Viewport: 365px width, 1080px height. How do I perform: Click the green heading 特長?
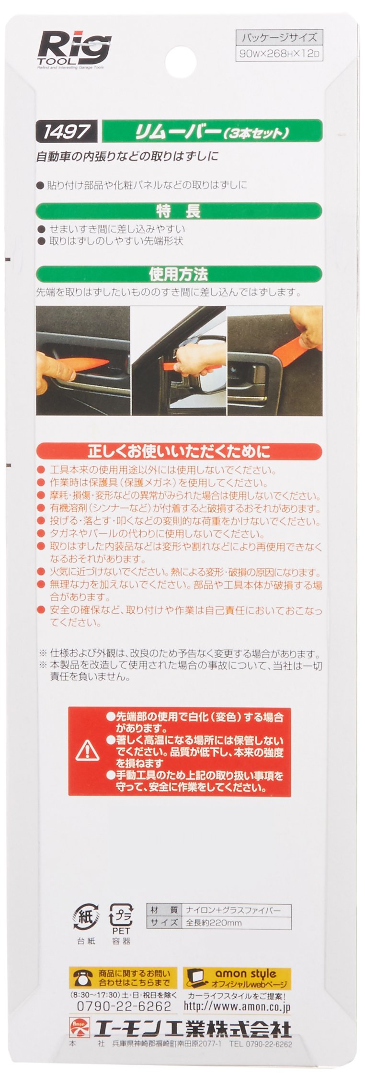point(179,211)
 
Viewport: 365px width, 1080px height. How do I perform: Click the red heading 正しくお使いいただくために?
point(179,451)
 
